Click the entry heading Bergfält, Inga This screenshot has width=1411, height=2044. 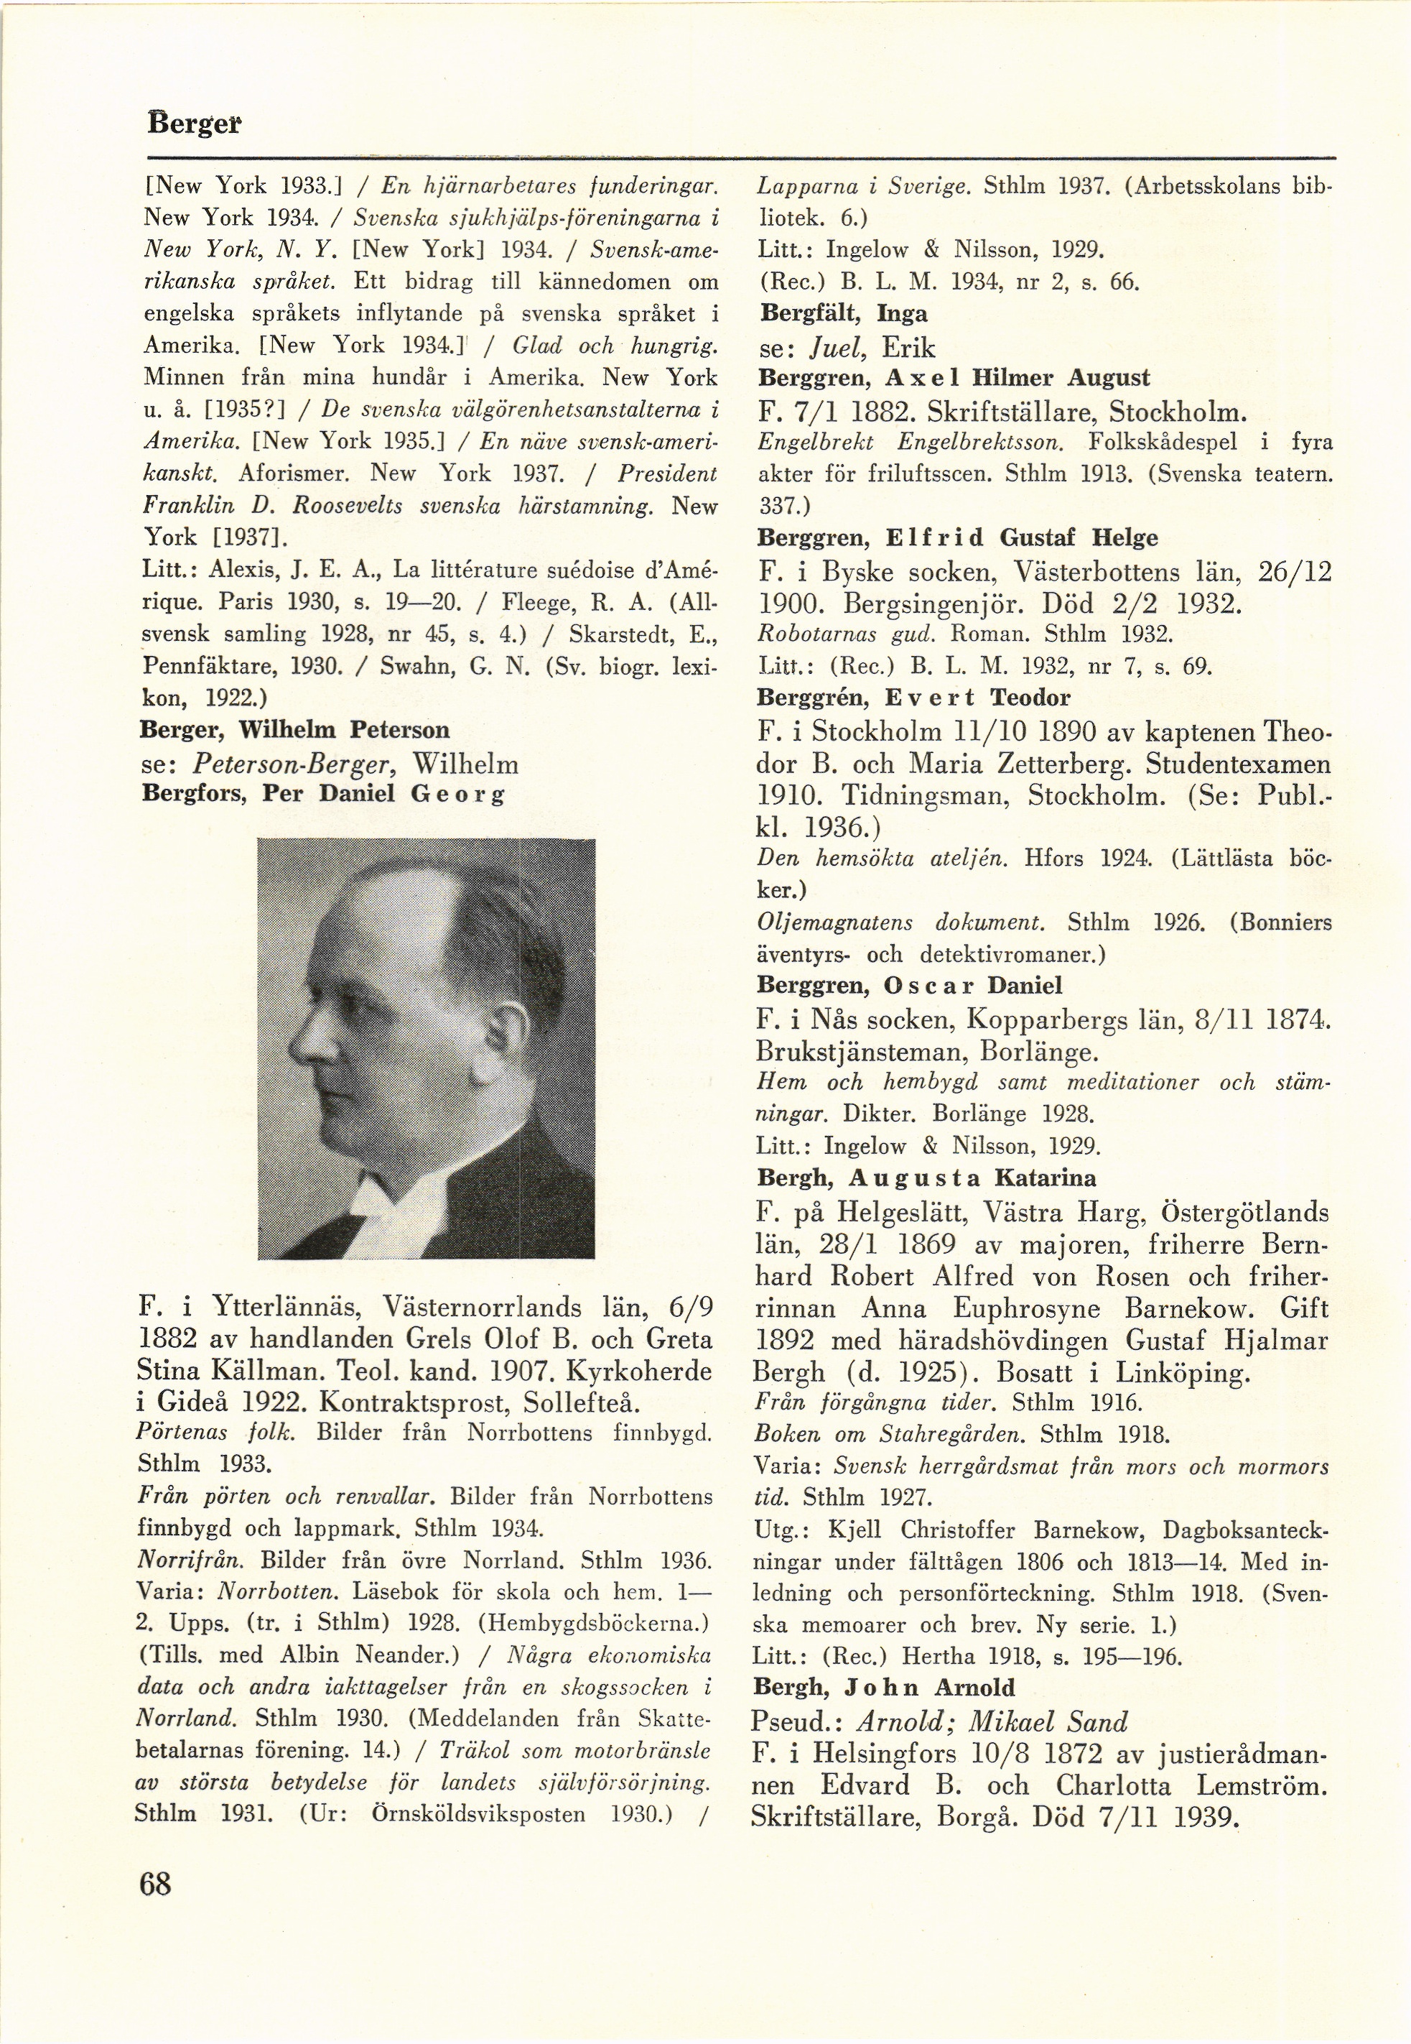tap(842, 314)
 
